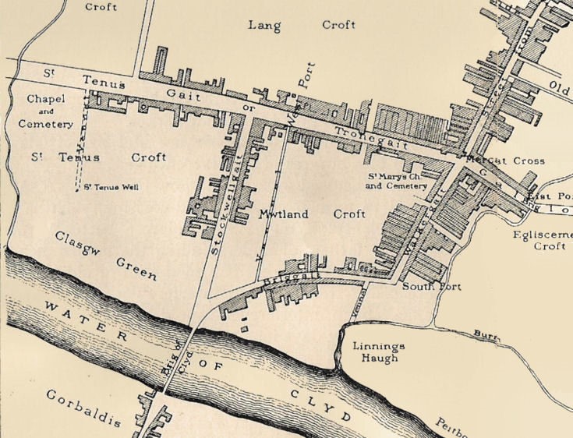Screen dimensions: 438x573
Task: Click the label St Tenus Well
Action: point(111,187)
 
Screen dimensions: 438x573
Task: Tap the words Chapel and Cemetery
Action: point(50,111)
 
